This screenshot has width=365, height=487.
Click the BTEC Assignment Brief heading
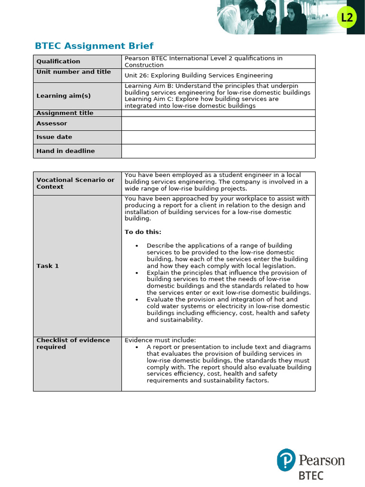coord(94,46)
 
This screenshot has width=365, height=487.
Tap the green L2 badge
coord(347,18)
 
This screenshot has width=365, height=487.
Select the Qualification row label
coord(58,61)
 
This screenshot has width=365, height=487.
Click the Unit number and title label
coord(74,72)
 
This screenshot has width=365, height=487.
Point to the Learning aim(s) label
coord(63,96)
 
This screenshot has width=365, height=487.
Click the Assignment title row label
coord(65,113)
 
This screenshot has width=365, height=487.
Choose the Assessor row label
coord(52,124)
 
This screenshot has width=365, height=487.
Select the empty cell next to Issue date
coord(218,137)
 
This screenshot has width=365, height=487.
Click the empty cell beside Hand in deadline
coord(218,151)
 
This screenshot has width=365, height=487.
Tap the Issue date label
coord(54,137)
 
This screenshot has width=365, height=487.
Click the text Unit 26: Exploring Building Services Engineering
coord(199,75)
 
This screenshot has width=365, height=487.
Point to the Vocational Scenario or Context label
coord(76,184)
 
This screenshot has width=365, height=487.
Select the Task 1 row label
coord(48,266)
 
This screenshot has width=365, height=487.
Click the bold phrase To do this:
coord(143,232)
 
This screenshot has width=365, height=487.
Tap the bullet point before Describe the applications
coord(137,246)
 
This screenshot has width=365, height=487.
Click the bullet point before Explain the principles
coord(137,273)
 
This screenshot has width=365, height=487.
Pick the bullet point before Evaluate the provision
coord(137,300)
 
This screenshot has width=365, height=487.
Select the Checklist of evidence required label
coord(73,343)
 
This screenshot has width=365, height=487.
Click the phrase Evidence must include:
coord(160,340)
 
